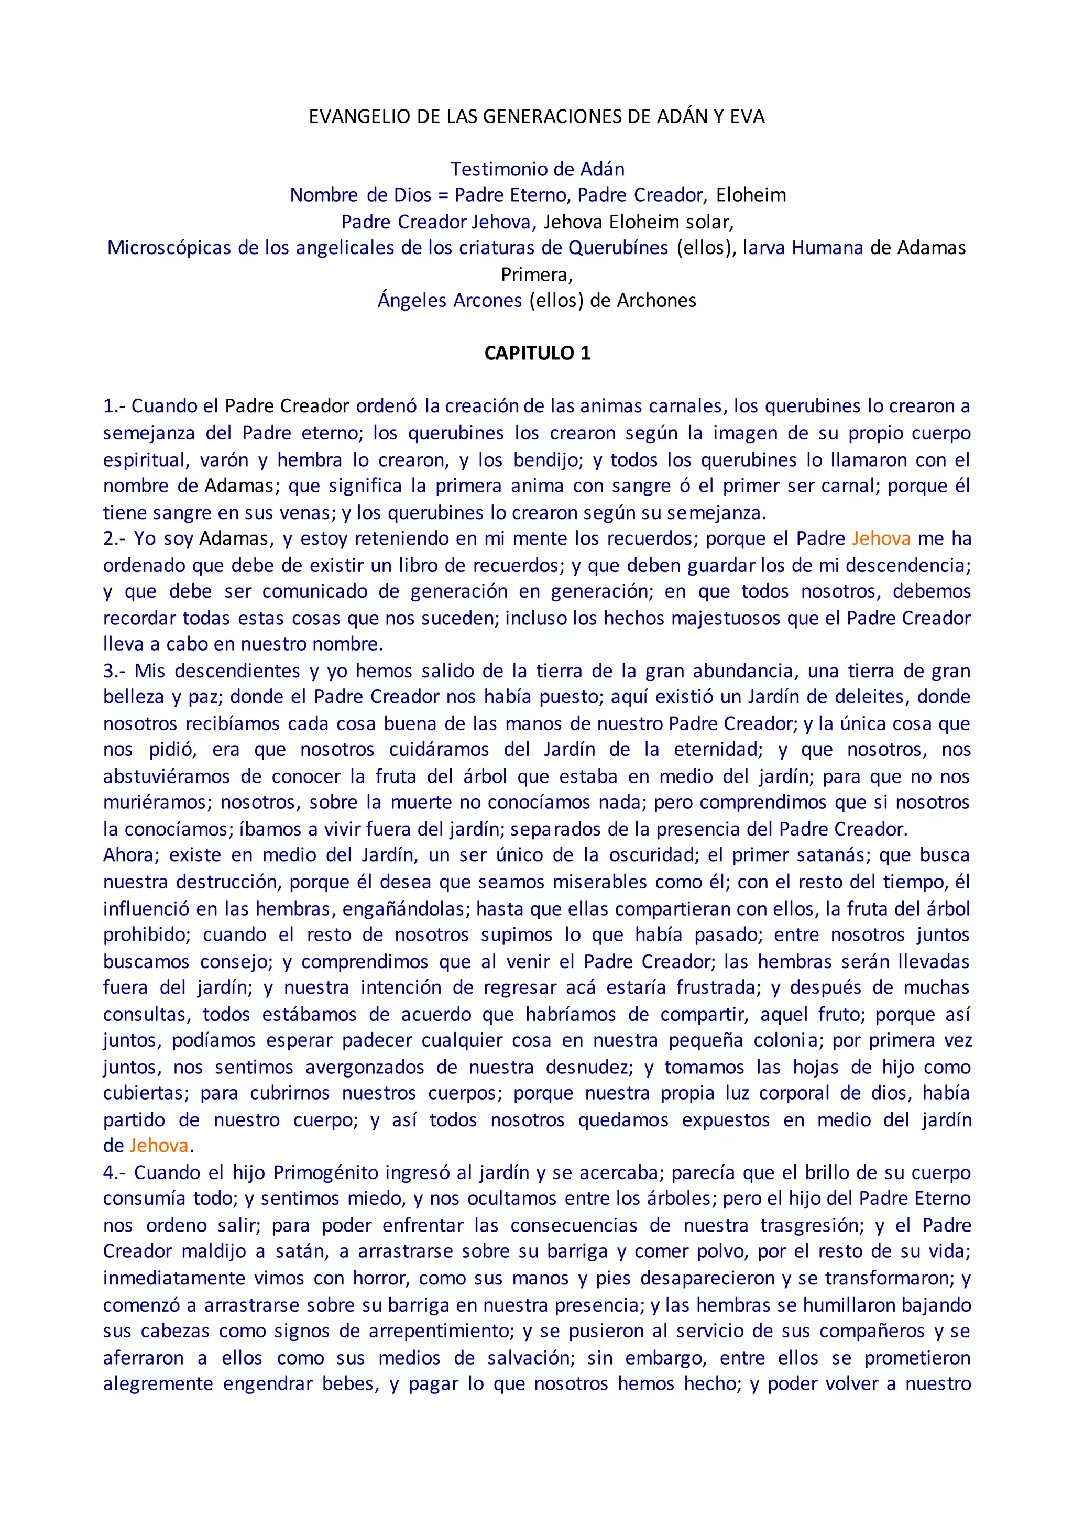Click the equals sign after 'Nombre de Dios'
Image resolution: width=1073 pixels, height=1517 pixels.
point(443,195)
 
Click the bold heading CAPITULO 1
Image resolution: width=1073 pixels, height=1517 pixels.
point(537,354)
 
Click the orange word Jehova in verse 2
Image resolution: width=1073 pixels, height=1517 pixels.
point(881,538)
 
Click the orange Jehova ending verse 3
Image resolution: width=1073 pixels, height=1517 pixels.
point(159,1145)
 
